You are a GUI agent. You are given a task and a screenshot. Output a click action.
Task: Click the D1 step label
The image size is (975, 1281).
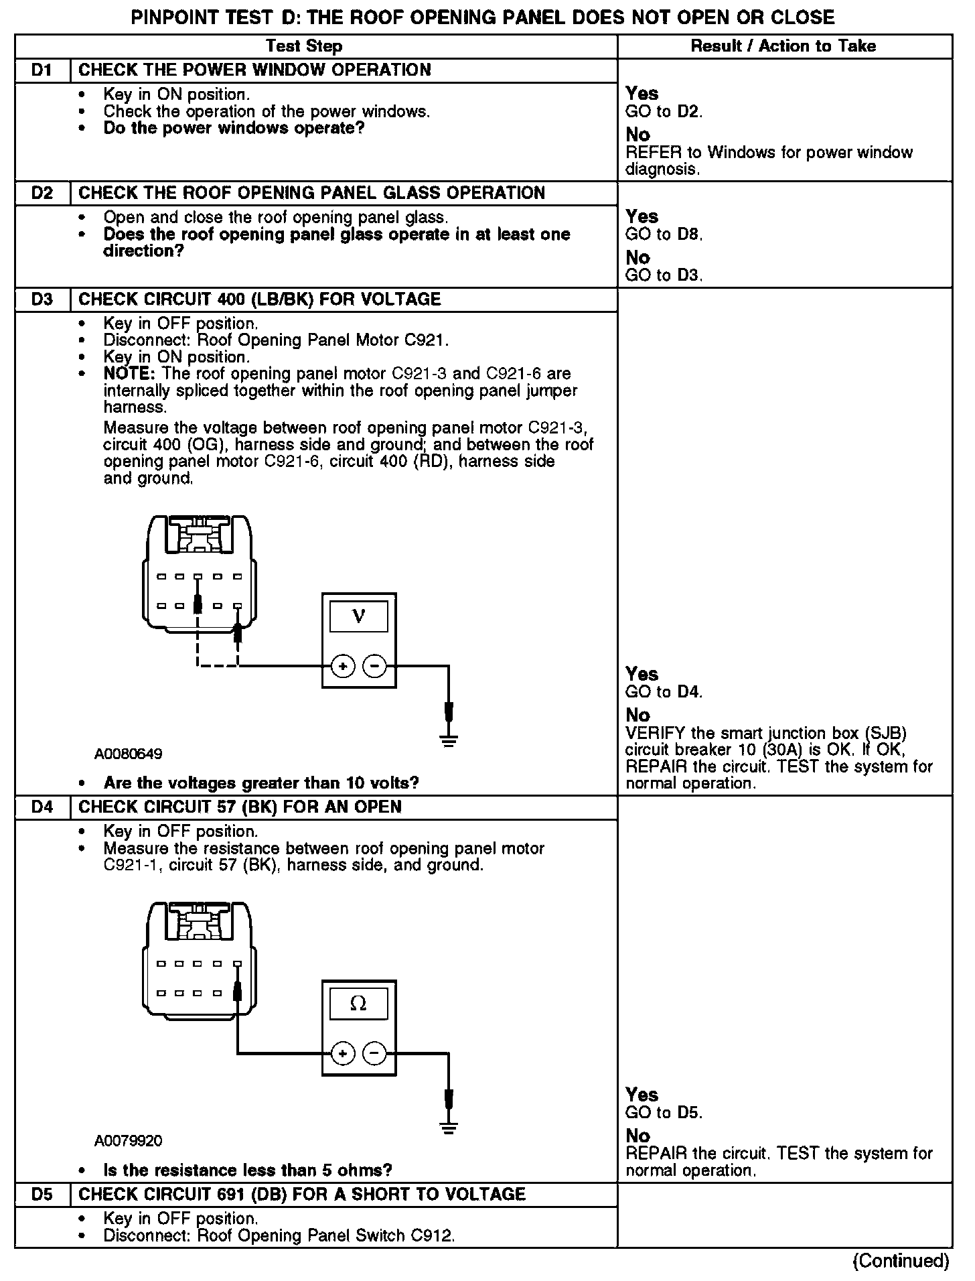coord(42,70)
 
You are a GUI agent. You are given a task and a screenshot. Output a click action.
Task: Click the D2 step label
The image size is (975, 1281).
coord(42,194)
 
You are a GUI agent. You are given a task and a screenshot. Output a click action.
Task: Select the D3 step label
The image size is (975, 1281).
coord(42,299)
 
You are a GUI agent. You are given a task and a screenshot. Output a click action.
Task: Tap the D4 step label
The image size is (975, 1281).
coord(42,807)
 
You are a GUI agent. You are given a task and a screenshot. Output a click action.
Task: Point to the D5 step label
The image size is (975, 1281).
coord(42,1194)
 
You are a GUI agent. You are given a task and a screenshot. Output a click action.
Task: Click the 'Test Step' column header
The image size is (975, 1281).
coord(304,46)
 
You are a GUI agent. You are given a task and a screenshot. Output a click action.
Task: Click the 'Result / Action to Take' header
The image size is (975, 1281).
coord(783,46)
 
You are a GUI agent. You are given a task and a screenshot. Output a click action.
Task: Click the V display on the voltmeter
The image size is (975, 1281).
coord(358,616)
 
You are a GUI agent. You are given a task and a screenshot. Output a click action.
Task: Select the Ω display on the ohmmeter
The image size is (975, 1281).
coord(358,1004)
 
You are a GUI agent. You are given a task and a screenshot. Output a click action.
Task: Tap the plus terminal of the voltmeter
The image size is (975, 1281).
coord(343,667)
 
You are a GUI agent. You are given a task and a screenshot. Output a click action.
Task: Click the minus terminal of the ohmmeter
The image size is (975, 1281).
coord(374,1054)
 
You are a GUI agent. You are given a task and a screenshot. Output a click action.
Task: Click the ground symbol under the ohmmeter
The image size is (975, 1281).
coord(449,1128)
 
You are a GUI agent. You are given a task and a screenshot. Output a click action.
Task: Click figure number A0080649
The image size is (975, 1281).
coord(128,754)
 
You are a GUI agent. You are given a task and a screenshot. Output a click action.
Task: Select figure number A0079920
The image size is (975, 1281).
coord(128,1141)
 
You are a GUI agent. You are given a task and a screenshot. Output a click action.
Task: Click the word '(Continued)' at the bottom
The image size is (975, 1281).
coord(901,1261)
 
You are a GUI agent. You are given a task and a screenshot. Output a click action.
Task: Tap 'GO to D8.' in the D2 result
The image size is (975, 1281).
coord(664,234)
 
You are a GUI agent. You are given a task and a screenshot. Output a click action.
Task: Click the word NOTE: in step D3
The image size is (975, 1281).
coord(129,374)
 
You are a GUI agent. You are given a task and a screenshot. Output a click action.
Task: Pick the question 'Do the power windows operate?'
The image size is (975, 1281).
coord(234,128)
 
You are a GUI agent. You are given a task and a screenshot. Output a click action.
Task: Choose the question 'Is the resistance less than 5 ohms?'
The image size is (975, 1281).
coord(248,1170)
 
